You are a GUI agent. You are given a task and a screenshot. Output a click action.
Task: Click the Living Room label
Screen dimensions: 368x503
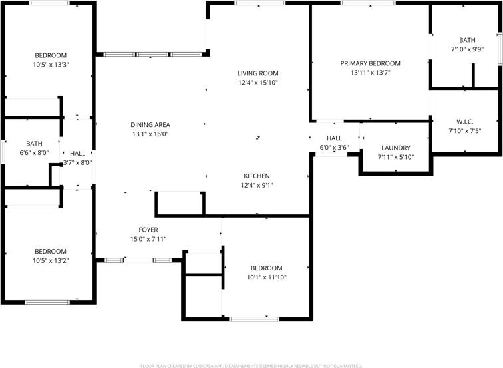tap(257, 73)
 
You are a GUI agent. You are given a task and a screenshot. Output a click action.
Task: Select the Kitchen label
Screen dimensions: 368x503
tap(256, 176)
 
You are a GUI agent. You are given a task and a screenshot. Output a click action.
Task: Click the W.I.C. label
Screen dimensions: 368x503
tap(464, 122)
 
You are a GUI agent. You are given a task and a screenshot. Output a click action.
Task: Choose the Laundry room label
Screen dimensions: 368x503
tap(396, 148)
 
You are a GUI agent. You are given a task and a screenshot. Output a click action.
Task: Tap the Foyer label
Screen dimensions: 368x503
tap(148, 230)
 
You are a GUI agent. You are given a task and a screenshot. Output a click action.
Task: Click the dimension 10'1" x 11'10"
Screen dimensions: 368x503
tap(266, 277)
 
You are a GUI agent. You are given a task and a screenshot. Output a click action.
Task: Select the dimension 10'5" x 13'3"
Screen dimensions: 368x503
tap(51, 65)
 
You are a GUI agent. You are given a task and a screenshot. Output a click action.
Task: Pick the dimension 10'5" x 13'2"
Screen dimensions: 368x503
tap(51, 261)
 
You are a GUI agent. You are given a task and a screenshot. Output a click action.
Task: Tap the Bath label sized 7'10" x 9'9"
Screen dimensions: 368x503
tap(467, 40)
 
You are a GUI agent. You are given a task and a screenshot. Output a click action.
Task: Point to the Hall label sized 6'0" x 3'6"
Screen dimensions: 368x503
tap(334, 138)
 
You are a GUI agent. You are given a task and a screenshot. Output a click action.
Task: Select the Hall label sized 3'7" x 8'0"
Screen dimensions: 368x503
tap(77, 153)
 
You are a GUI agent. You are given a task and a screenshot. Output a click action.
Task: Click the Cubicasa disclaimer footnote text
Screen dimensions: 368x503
tap(251, 365)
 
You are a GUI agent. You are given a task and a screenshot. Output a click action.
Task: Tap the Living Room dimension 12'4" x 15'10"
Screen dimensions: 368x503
tap(257, 83)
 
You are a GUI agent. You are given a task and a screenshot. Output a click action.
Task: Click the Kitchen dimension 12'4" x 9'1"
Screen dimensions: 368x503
tap(256, 186)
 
